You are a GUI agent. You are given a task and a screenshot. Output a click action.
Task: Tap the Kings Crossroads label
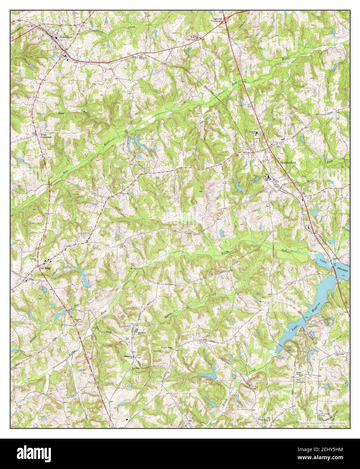pos(46,136)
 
